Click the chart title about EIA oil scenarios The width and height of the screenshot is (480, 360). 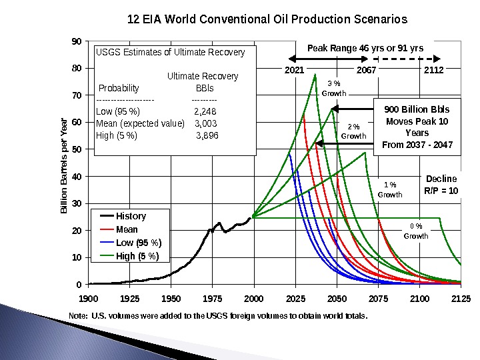[267, 19]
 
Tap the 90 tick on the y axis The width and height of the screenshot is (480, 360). [77, 41]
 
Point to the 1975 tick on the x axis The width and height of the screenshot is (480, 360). [213, 298]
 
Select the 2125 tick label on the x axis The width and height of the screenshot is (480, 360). [461, 298]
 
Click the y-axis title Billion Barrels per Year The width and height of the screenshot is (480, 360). [64, 166]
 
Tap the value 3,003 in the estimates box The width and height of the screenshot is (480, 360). [205, 123]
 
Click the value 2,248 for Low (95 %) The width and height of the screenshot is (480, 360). [205, 111]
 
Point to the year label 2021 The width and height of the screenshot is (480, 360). [294, 69]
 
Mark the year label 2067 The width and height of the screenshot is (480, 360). [367, 69]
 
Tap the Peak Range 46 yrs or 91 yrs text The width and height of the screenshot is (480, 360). [365, 48]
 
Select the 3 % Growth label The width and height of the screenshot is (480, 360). [334, 89]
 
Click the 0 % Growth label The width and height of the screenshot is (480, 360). [416, 231]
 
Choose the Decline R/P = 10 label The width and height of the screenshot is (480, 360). [441, 185]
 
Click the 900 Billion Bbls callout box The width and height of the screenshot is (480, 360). [417, 127]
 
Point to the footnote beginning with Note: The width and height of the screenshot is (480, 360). [218, 315]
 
